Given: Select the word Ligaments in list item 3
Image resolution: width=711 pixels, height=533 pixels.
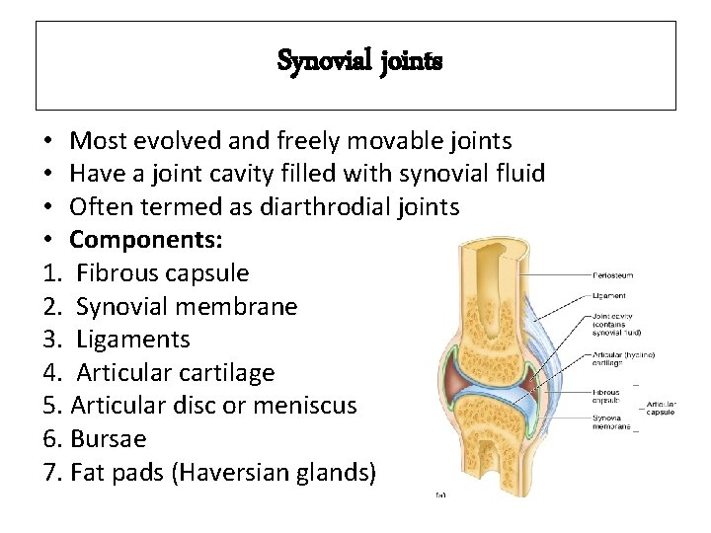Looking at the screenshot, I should [132, 341].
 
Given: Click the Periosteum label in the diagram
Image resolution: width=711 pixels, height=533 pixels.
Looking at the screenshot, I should [612, 274].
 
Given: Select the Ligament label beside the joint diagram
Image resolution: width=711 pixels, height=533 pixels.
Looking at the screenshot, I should [608, 295].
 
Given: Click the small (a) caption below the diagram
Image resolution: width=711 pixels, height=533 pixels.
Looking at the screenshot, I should [440, 494].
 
